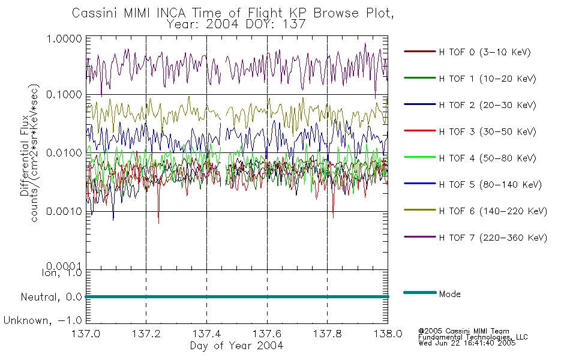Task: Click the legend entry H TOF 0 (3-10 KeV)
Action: pos(485,52)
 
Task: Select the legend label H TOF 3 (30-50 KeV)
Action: pos(487,131)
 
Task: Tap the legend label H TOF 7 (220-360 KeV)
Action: pos(493,238)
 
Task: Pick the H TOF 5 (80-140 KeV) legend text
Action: pos(490,185)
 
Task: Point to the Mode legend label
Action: pos(449,294)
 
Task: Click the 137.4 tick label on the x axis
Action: pos(206,334)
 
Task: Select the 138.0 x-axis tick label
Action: pos(388,334)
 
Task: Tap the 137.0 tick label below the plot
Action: pos(86,334)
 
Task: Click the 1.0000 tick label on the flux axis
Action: pos(64,38)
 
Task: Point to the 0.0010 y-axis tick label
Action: pos(64,211)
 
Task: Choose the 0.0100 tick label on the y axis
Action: pos(64,153)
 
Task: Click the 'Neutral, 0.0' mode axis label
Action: pos(51,297)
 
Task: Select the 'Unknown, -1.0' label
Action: pos(43,320)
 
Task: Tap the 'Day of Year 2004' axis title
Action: pos(236,346)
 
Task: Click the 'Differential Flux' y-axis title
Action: pos(25,155)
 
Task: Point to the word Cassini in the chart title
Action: pos(95,13)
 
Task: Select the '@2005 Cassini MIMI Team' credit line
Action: pos(463,331)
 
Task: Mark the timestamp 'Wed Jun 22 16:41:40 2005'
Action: pos(467,343)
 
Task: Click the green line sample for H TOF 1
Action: pos(420,78)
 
